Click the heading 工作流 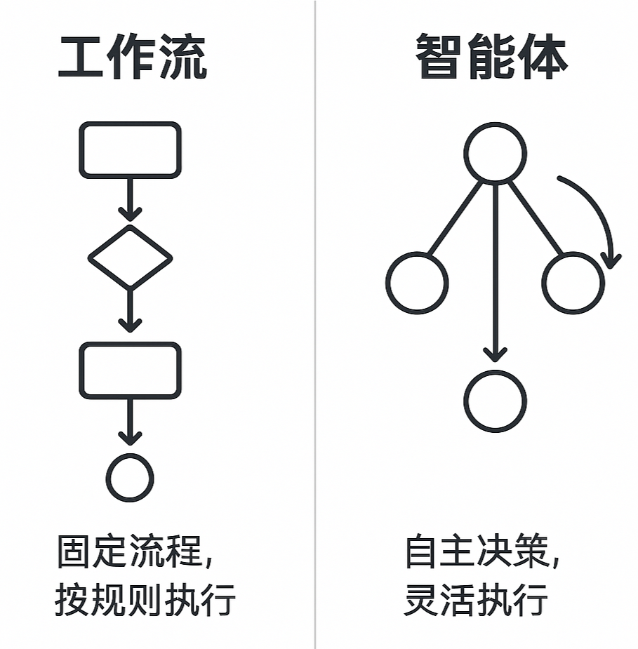[x=132, y=58]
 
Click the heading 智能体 [x=491, y=58]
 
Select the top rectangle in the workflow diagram [x=130, y=149]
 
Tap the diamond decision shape [x=130, y=257]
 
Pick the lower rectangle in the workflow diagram [x=130, y=370]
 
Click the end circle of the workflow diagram [x=130, y=478]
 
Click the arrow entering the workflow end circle [x=130, y=422]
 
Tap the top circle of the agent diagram [x=495, y=154]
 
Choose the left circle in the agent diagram [x=417, y=283]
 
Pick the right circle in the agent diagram [x=573, y=283]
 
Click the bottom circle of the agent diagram [x=495, y=401]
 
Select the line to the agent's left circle [x=455, y=218]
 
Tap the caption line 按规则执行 [x=145, y=601]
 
